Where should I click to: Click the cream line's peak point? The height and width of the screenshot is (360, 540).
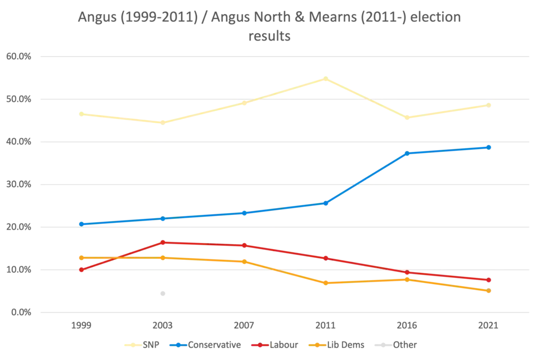(325, 77)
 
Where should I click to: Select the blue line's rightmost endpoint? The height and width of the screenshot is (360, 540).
(489, 148)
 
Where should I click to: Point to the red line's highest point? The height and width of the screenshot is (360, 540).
(163, 242)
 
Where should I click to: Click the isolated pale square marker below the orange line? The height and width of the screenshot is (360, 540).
(162, 292)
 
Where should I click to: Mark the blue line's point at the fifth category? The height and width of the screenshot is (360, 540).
(407, 153)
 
